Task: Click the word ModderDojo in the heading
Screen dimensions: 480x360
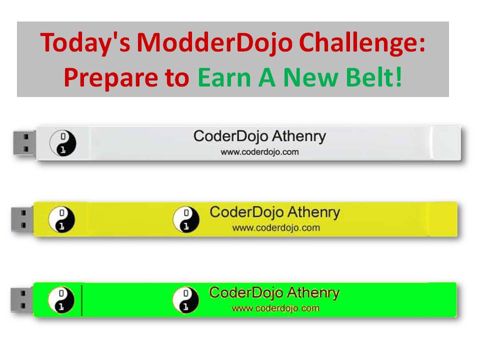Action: click(214, 43)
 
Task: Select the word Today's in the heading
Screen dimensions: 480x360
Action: click(85, 43)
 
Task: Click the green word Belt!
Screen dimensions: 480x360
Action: click(374, 77)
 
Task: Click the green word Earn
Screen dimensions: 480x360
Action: click(224, 78)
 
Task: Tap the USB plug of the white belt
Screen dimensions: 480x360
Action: click(24, 143)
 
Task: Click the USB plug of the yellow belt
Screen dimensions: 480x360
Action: click(22, 219)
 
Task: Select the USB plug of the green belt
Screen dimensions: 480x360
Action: click(21, 299)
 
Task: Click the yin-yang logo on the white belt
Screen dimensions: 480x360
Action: click(63, 143)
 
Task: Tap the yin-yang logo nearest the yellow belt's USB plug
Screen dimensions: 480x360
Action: click(61, 219)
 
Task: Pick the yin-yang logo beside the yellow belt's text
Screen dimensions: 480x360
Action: click(186, 219)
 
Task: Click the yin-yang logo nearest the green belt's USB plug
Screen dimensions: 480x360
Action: click(61, 300)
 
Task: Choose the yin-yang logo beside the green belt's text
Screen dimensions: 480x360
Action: click(185, 300)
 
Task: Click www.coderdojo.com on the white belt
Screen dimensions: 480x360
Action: click(259, 152)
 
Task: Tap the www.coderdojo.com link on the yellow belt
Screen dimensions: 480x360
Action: click(276, 228)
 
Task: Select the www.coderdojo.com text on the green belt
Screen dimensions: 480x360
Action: click(275, 308)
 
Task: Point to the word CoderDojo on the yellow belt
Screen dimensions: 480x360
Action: click(246, 212)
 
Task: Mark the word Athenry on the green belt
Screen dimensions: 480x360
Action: click(313, 293)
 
